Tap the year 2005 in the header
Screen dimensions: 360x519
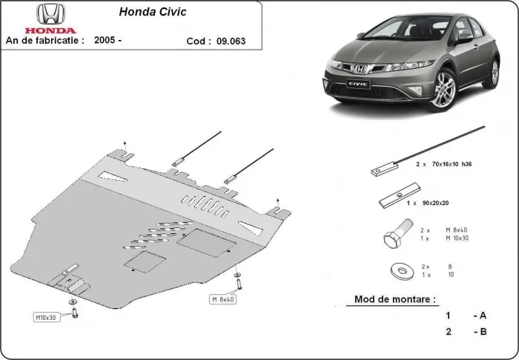pyautogui.click(x=108, y=41)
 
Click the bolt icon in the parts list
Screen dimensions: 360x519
pyautogui.click(x=393, y=237)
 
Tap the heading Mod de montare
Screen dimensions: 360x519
pyautogui.click(x=391, y=300)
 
